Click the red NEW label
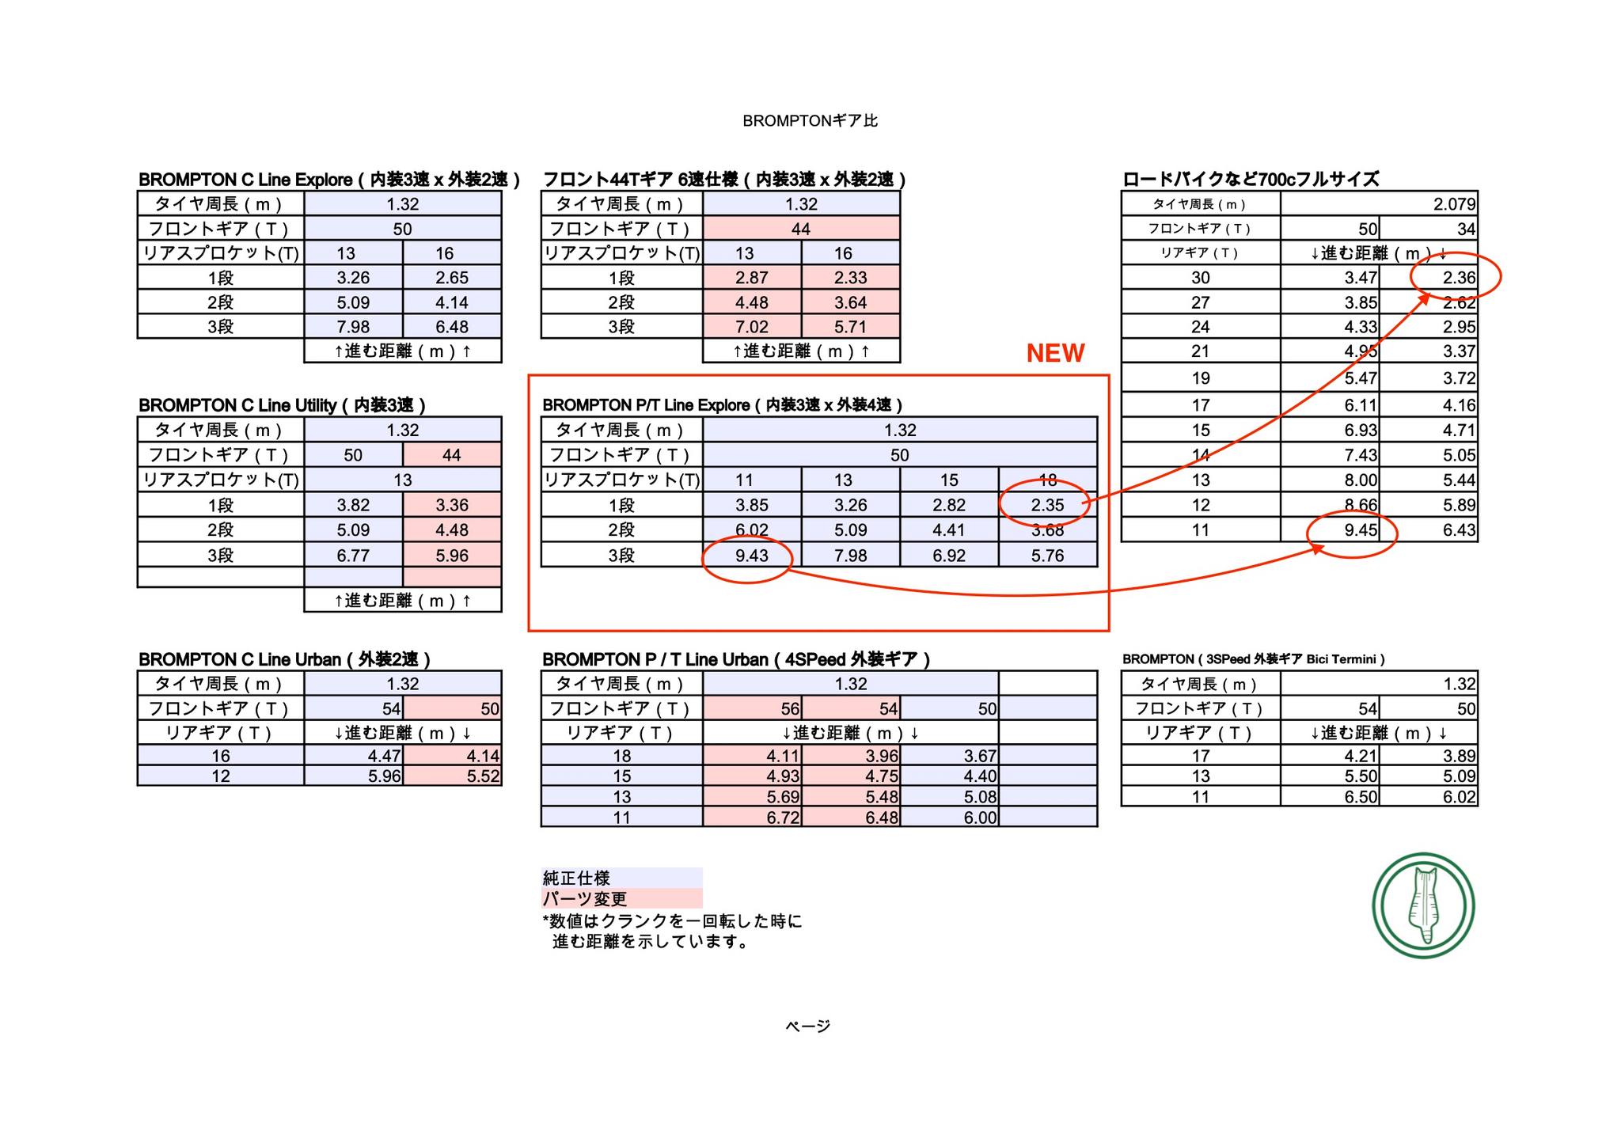(1055, 353)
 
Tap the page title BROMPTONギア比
(810, 121)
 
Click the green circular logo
(1423, 905)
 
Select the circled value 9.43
(751, 556)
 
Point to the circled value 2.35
(1047, 505)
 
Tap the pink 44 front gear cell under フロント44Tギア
(801, 229)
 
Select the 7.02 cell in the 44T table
(752, 327)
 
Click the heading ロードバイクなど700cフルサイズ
(1251, 180)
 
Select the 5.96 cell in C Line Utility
(452, 556)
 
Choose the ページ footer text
(808, 1026)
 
